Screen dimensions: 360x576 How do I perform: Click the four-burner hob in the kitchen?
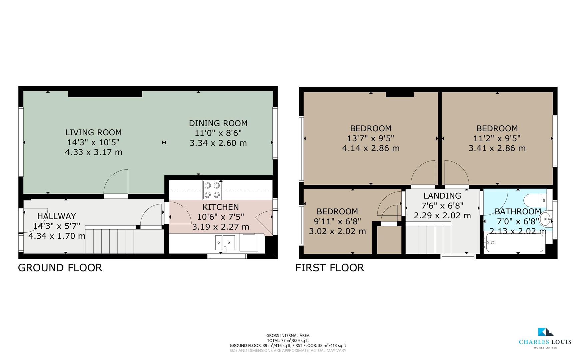pos(212,190)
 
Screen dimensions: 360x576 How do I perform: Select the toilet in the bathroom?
pos(534,201)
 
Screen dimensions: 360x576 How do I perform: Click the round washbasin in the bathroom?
pos(545,219)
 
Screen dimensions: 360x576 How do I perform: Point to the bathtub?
pos(515,243)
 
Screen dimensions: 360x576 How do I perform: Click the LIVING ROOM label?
pos(93,132)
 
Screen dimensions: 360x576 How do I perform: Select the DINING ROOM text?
pos(218,123)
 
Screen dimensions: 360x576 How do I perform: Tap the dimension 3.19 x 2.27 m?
pos(220,227)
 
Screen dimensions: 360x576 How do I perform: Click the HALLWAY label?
pos(57,216)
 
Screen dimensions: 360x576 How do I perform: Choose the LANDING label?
pos(442,196)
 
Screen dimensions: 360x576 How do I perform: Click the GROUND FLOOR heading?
pos(60,268)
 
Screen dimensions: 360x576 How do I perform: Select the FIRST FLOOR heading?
pos(330,268)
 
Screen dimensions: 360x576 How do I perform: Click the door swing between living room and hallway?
pos(117,182)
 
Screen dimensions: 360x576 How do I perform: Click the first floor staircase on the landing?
pos(428,240)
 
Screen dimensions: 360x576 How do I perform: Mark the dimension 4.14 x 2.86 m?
pos(371,148)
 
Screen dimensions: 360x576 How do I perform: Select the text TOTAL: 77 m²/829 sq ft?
pos(288,340)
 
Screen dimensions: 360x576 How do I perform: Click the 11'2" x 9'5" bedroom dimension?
pos(497,138)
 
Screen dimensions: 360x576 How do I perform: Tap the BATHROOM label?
pos(518,211)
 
